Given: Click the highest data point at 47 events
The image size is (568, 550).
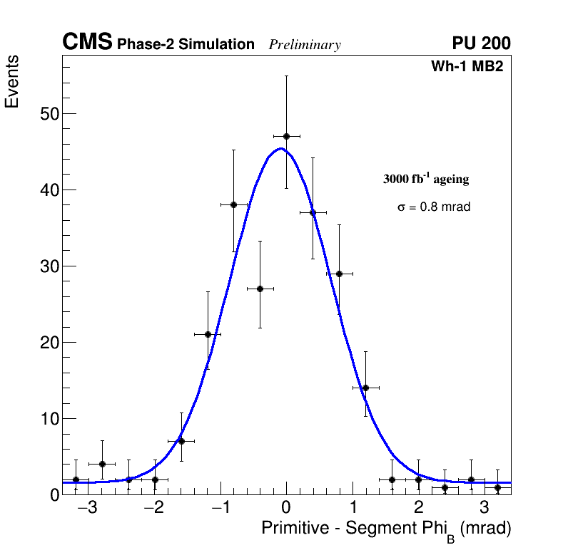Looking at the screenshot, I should [286, 136].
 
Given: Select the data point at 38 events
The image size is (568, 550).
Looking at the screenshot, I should [233, 204].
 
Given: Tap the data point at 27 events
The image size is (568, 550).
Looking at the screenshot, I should [260, 289].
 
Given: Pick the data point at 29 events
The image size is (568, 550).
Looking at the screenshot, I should [339, 274].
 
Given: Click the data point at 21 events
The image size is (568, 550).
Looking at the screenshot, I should [208, 334].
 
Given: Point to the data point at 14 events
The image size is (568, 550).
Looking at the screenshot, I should [365, 388].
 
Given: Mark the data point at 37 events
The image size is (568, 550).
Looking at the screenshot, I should [313, 212].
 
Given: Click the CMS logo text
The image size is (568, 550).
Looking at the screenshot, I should [87, 43].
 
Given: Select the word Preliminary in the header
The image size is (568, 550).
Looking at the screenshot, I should [305, 46].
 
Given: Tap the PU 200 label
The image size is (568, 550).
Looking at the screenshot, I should [481, 43].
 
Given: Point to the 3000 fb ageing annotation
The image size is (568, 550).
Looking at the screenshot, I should [426, 179].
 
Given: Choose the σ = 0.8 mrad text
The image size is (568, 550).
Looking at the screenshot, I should [434, 207].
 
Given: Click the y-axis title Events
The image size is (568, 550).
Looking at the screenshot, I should [12, 82].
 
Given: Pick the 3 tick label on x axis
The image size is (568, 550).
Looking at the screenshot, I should [484, 509].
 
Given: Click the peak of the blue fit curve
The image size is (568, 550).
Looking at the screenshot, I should [281, 149].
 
